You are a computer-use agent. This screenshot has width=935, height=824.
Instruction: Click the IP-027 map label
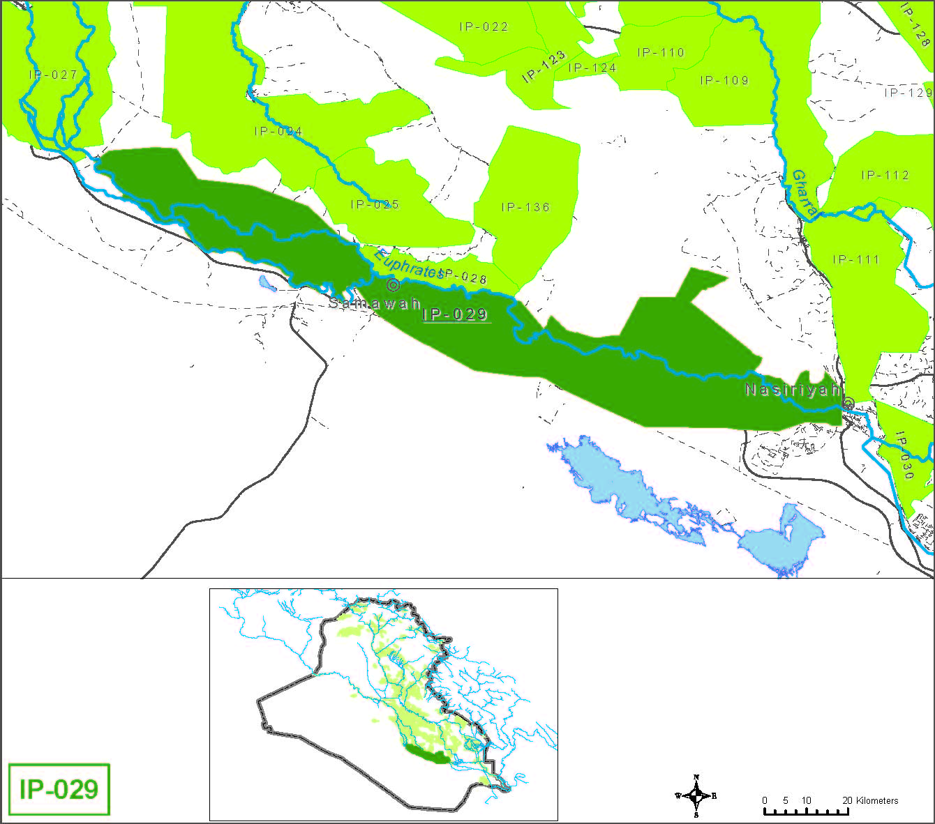(53, 75)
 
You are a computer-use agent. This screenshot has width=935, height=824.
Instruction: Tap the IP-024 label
(278, 131)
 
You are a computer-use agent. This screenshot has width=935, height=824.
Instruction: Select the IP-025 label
(375, 204)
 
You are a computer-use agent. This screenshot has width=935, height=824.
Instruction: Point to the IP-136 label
(525, 207)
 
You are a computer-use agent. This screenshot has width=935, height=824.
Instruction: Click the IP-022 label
(484, 26)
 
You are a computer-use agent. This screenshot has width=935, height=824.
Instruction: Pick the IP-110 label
(661, 52)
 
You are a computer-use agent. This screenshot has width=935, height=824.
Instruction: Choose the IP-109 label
(724, 80)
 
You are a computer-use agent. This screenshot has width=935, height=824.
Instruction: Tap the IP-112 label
(885, 175)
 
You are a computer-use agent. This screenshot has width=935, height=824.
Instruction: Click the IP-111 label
(855, 259)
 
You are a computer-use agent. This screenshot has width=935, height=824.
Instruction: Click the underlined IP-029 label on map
(455, 314)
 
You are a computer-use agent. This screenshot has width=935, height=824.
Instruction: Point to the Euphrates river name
(408, 264)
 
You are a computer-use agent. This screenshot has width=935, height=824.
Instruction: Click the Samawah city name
(374, 303)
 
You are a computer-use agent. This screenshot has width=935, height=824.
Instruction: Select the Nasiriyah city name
(792, 389)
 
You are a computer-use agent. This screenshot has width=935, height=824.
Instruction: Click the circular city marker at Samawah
(393, 284)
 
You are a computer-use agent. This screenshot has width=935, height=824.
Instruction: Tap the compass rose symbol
(696, 795)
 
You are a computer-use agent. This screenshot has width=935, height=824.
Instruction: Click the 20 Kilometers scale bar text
(870, 800)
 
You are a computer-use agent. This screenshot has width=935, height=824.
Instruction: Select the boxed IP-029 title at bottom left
(59, 790)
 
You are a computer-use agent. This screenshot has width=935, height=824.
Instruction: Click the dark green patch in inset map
(426, 754)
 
